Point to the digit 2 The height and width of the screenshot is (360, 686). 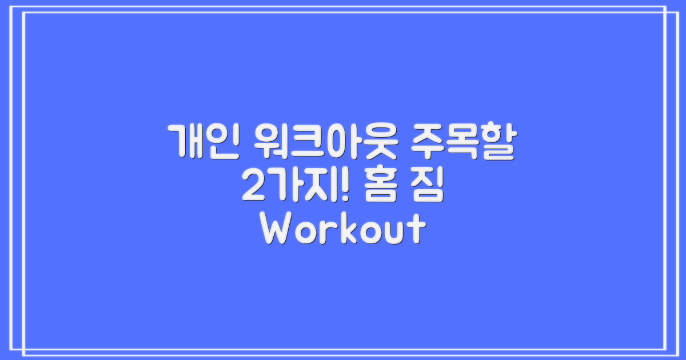tap(252, 186)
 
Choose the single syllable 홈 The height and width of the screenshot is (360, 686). tap(380, 186)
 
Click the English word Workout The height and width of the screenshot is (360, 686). tap(343, 230)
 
